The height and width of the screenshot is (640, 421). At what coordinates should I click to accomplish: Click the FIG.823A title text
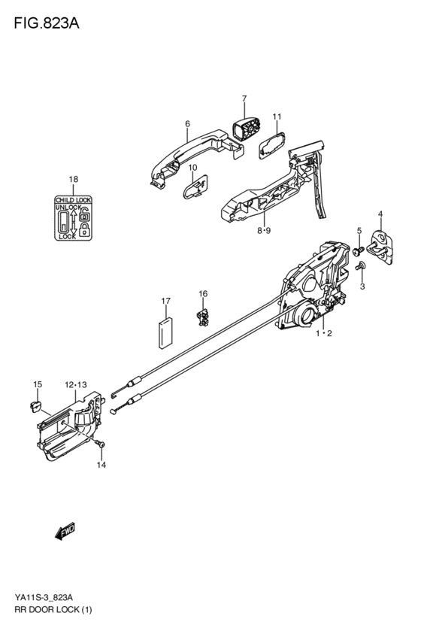(x=46, y=23)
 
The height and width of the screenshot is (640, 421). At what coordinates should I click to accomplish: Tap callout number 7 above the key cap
(x=244, y=99)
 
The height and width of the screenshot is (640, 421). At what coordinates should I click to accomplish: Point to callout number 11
(x=277, y=117)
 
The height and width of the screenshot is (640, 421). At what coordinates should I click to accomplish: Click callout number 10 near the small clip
(x=192, y=167)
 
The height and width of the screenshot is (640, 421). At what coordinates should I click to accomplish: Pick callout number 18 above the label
(x=73, y=179)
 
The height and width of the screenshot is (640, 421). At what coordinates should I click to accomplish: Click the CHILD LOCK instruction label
(x=73, y=217)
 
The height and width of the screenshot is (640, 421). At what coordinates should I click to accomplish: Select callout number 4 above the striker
(x=380, y=214)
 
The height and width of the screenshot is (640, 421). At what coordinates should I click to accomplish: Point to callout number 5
(x=359, y=230)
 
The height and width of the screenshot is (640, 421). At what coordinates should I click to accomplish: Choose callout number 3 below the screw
(x=362, y=287)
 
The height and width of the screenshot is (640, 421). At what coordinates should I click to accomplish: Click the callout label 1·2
(x=323, y=332)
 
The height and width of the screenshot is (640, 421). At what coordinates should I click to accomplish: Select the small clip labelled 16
(x=203, y=318)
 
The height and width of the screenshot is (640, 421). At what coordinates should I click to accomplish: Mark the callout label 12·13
(x=74, y=384)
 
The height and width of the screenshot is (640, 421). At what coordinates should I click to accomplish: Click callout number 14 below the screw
(x=101, y=465)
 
